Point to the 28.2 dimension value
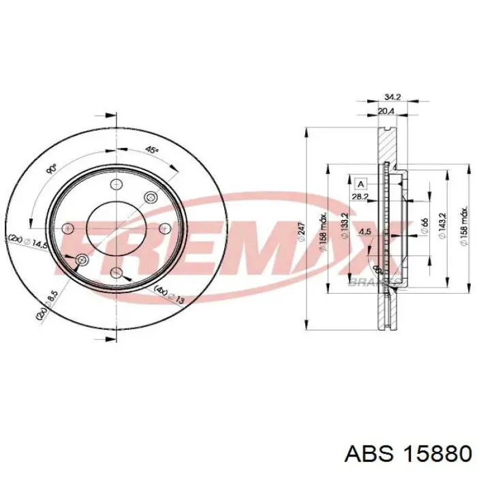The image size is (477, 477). click(x=361, y=197)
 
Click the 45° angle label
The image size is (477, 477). click(x=153, y=150)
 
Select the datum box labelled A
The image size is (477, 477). click(x=360, y=183)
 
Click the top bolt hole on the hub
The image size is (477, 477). click(x=115, y=184)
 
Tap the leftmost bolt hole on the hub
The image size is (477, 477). click(x=67, y=229)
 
